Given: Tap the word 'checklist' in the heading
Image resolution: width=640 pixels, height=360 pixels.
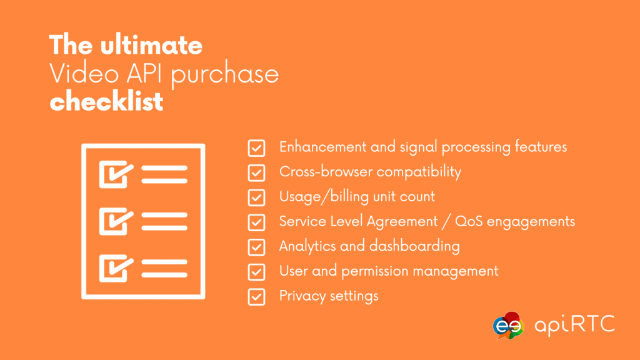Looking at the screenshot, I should click(x=106, y=101).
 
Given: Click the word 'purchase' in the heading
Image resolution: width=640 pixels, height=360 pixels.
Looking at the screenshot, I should click(x=224, y=75).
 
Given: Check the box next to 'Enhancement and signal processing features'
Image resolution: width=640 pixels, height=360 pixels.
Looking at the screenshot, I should click(x=256, y=147).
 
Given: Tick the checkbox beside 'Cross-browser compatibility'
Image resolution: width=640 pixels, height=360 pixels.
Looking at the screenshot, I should click(x=256, y=172).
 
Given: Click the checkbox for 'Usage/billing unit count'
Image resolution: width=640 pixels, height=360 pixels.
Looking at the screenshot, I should click(x=256, y=197).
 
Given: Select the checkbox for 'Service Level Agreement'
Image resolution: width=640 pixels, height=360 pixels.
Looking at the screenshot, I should click(x=256, y=222).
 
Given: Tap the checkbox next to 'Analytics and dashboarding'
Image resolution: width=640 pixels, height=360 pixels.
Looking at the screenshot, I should click(x=256, y=247).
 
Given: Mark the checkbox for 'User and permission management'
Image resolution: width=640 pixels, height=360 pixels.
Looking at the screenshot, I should click(x=256, y=271).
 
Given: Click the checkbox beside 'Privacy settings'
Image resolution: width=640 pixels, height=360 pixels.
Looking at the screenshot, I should click(x=256, y=296).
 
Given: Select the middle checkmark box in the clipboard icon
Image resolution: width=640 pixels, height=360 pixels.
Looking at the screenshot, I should click(x=116, y=220).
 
